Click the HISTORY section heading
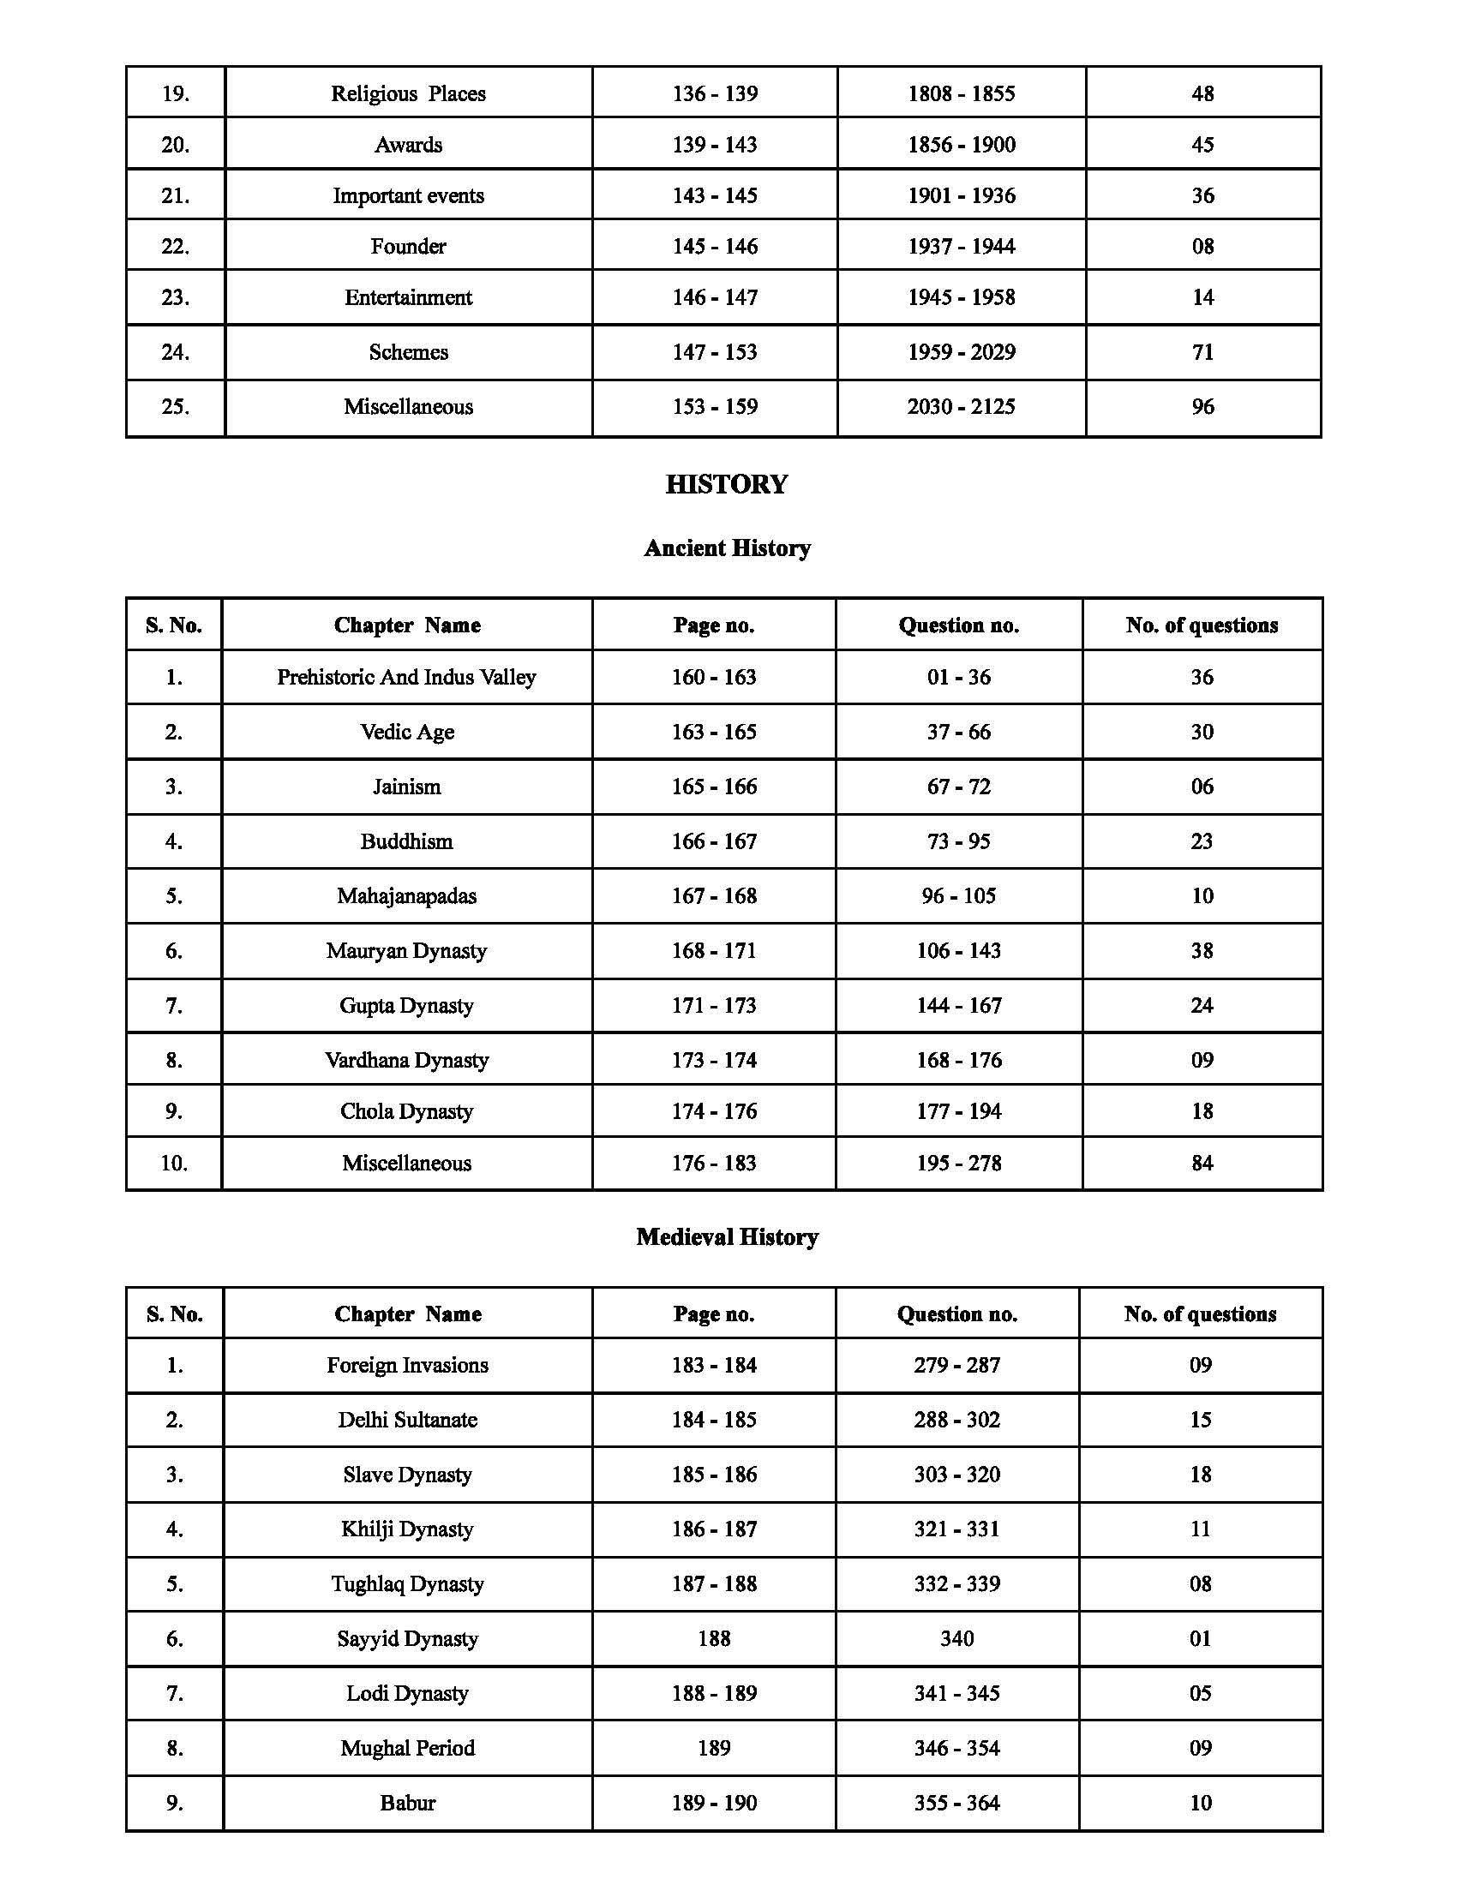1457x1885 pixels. (727, 484)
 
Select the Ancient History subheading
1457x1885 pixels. (727, 548)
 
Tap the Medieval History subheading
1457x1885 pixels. (727, 1236)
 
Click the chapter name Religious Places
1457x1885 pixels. (408, 93)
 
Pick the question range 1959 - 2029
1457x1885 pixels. (961, 352)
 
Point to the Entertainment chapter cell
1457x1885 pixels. (408, 298)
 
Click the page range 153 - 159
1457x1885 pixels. (715, 406)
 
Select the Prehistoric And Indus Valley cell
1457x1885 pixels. (406, 677)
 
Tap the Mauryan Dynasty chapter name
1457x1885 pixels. (406, 950)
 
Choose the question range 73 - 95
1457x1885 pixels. (959, 841)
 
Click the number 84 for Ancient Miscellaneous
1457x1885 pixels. (1202, 1163)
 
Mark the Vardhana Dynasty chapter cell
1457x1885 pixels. (406, 1060)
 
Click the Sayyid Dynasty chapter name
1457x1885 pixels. (407, 1638)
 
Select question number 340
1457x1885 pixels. (957, 1638)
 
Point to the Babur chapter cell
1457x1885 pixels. (407, 1802)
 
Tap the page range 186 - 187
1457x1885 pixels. (714, 1529)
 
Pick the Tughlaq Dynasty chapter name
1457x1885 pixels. (407, 1583)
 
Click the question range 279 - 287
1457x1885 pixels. (957, 1365)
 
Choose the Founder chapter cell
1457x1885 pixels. (408, 247)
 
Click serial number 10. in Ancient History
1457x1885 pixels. (173, 1163)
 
